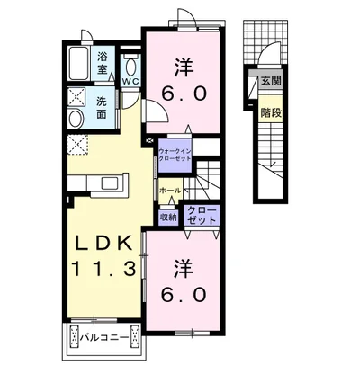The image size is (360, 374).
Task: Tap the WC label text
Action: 130,82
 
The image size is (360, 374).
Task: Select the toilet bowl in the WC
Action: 130,67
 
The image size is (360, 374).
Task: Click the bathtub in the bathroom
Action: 79,63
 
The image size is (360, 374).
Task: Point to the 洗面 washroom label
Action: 102,107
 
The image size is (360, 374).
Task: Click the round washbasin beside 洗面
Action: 76,118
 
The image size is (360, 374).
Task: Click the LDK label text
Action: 103,244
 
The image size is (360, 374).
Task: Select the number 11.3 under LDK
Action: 103,269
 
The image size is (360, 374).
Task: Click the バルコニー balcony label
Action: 104,338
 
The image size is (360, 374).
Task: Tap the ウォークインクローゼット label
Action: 175,155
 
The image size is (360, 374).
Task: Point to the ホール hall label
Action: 170,190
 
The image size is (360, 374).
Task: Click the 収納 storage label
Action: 167,217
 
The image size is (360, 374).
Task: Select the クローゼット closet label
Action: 202,216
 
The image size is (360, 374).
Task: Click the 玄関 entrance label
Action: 270,80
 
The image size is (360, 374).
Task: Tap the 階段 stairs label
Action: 271,112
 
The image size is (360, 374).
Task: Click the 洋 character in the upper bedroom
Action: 184,67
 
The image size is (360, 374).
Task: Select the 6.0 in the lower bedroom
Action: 184,294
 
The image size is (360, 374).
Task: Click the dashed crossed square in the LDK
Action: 77,145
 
